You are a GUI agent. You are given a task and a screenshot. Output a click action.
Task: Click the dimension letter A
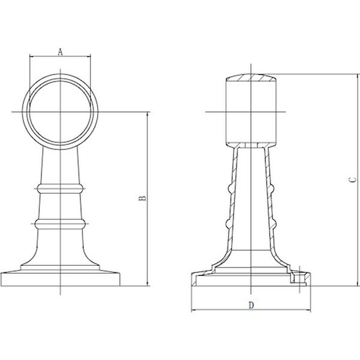tap(60, 52)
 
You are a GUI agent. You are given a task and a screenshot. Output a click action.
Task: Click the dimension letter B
tap(143, 199)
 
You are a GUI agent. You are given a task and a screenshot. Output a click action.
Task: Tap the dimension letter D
tap(251, 305)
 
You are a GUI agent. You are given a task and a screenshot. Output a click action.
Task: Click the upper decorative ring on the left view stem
tap(60, 188)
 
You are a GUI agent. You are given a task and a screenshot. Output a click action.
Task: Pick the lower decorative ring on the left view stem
tap(60, 224)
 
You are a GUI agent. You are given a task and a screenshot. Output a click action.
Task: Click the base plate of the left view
tap(60, 280)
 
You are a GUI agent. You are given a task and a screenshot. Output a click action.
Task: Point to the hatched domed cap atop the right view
tap(251, 78)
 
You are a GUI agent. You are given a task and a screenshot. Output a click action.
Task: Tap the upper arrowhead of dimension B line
tap(147, 115)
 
